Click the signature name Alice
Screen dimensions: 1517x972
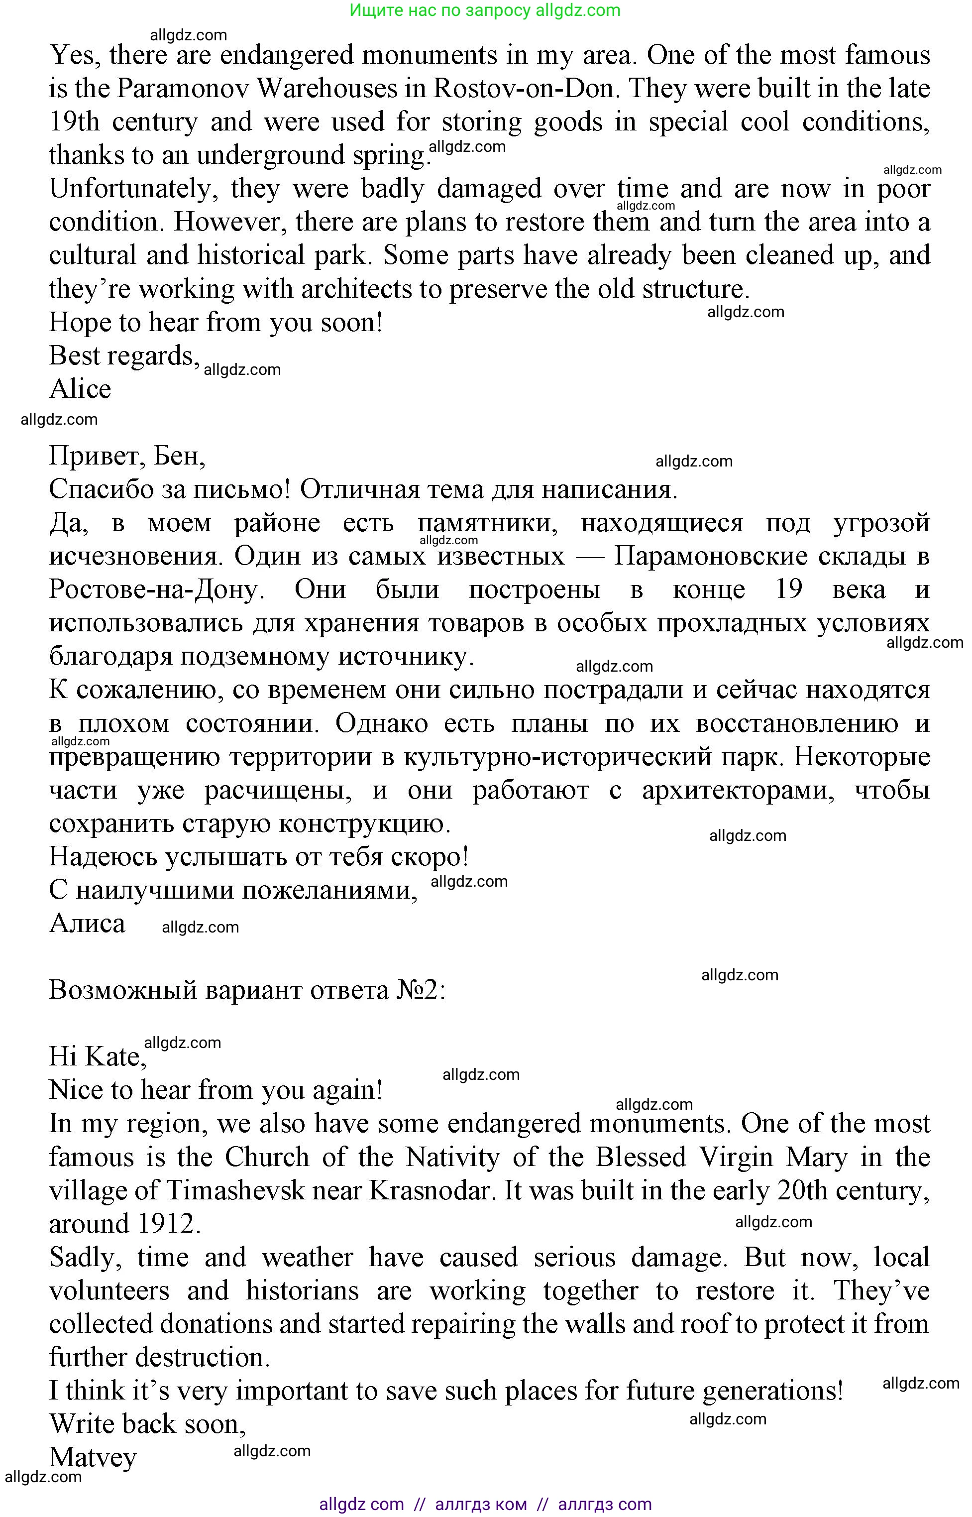(x=80, y=389)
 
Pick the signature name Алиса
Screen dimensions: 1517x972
(x=87, y=924)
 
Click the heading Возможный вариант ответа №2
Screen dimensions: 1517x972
(x=247, y=990)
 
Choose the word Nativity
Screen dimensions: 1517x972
(x=452, y=1157)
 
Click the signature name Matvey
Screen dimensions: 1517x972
(x=93, y=1458)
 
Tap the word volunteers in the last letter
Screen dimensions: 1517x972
(x=109, y=1291)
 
